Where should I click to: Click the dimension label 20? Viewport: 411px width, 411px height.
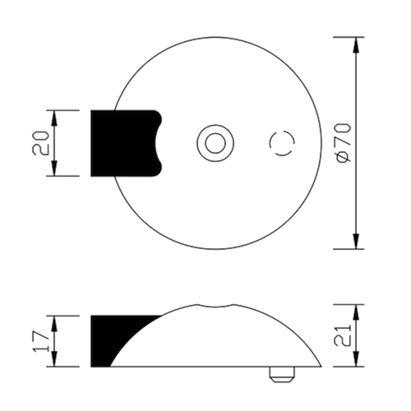coord(40,143)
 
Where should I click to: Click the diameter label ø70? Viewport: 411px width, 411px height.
coord(344,143)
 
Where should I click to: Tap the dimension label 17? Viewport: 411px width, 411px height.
coord(41,341)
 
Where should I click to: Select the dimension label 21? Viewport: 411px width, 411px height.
coord(343,335)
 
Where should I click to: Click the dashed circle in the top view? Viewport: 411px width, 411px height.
coord(282,131)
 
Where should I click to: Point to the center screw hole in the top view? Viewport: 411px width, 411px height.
coord(215,143)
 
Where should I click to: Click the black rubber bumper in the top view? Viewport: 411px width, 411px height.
coord(125,143)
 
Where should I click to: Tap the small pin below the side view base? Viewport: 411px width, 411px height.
coord(282,374)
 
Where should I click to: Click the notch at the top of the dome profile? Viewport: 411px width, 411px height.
coord(215,307)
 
